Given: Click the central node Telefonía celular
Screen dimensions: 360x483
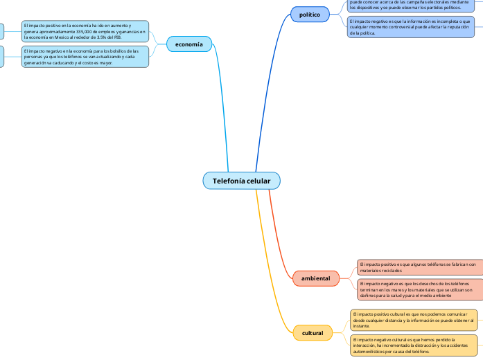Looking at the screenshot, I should pos(241,181).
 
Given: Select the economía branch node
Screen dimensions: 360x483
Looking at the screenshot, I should pos(188,44).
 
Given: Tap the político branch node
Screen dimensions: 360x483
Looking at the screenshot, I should pos(309,15).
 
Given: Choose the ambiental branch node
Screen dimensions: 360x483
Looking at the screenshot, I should pos(315,278).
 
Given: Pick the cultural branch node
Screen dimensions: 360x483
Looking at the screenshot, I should pos(313,333).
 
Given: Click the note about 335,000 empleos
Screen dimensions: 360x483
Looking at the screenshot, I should pos(85,32).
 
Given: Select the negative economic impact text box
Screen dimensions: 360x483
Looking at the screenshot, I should pos(85,57).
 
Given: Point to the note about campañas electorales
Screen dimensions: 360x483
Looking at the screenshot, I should pos(412,6).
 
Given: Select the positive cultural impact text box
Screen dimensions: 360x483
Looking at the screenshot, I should pos(414,319).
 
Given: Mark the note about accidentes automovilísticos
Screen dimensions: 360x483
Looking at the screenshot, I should pos(414,345).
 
